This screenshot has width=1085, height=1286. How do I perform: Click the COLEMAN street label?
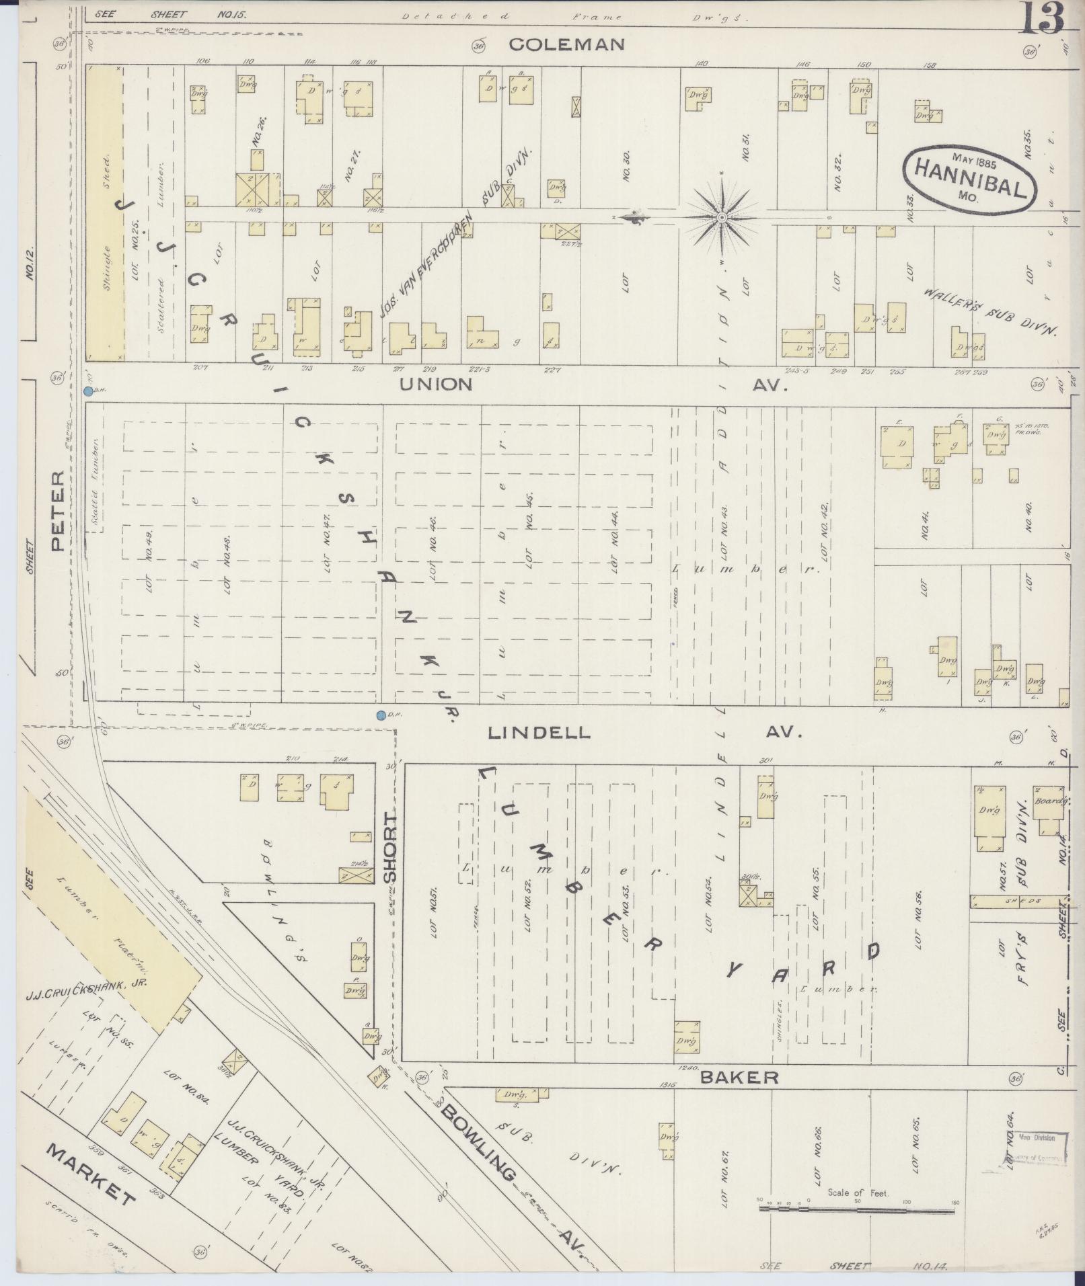pyautogui.click(x=566, y=44)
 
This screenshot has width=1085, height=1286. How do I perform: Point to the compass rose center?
pyautogui.click(x=721, y=217)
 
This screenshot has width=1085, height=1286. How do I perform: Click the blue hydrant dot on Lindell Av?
pyautogui.click(x=381, y=715)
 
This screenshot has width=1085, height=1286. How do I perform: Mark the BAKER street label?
pyautogui.click(x=739, y=1077)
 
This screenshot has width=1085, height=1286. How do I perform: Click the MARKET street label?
pyautogui.click(x=91, y=1175)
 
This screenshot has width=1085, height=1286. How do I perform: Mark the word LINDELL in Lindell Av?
pyautogui.click(x=539, y=733)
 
